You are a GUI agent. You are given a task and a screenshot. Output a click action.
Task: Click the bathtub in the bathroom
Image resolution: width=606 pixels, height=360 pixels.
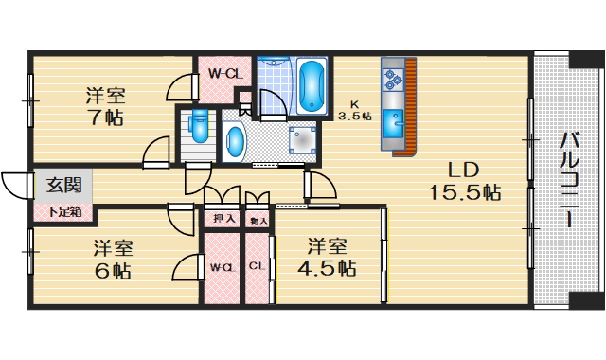[x=312, y=87]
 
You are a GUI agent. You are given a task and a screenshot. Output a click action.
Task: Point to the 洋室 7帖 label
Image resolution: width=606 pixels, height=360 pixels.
[x=105, y=106]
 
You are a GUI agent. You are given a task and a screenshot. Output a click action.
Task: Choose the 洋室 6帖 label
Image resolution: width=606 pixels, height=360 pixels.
[x=112, y=260]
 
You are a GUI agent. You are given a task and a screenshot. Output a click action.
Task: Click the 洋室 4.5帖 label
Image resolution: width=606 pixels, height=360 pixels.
[x=330, y=258]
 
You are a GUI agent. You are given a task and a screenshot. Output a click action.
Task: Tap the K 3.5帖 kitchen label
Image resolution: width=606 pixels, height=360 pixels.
[x=354, y=111]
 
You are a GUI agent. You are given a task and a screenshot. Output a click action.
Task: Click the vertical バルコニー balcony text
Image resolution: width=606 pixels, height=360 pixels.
[x=569, y=180]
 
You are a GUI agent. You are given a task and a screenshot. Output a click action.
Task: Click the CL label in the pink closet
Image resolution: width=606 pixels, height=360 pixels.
[x=257, y=266]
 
